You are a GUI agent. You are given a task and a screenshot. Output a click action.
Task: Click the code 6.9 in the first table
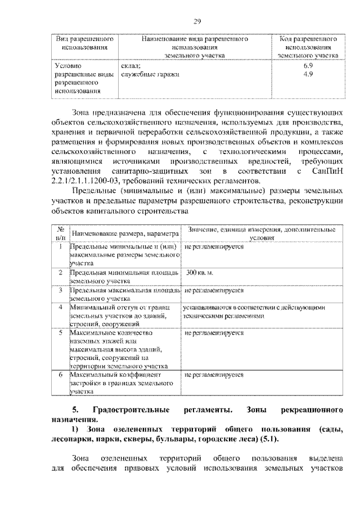tap(308, 66)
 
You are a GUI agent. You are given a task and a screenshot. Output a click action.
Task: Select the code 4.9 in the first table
tap(308, 74)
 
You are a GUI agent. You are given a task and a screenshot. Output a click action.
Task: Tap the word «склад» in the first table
tap(130, 66)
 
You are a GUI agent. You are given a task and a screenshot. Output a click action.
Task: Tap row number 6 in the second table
tap(60, 373)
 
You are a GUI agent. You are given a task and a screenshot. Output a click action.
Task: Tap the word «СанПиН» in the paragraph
tap(327, 170)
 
